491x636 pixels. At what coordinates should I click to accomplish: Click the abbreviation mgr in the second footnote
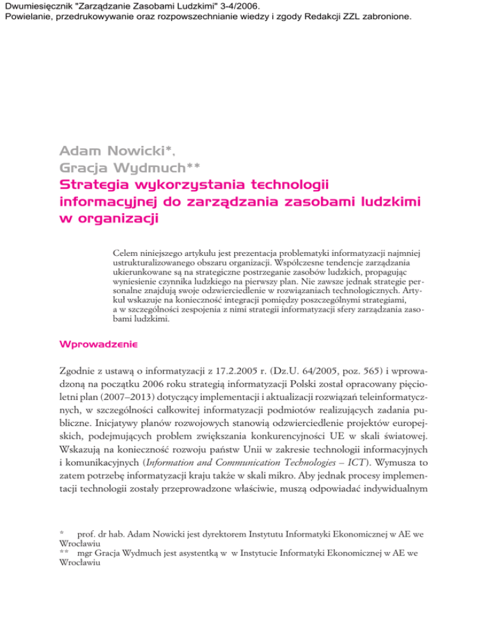click(x=85, y=589)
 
